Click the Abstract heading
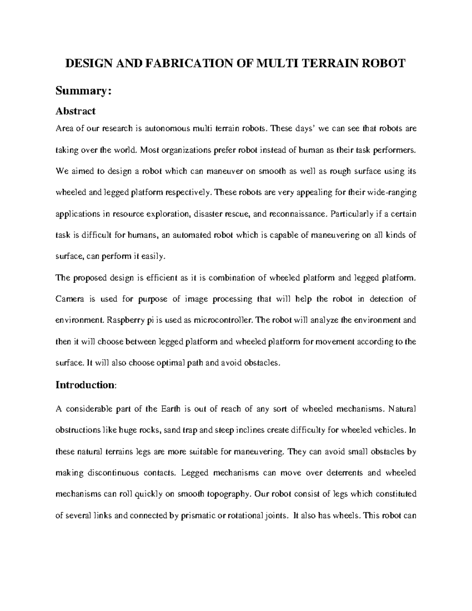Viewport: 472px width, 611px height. coord(76,111)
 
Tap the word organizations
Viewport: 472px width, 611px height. coord(183,150)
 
